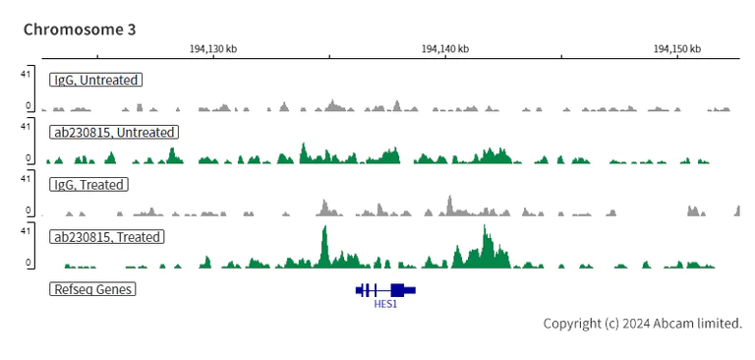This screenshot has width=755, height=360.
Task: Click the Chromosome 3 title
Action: coord(80,30)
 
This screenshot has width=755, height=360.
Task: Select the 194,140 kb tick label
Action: coord(444,48)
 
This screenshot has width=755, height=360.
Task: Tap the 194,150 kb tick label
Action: coord(677,48)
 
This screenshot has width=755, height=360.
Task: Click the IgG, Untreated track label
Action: coord(96,80)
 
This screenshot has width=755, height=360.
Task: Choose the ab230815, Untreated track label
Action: coord(114,132)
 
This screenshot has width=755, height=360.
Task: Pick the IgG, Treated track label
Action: coord(91,184)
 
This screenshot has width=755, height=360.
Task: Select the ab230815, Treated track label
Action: coord(107,237)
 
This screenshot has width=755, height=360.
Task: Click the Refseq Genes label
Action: coord(92,289)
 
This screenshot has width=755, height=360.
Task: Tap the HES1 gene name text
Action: coord(385,304)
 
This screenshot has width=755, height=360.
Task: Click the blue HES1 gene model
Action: coord(385,289)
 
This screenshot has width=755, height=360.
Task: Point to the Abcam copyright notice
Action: coord(642,324)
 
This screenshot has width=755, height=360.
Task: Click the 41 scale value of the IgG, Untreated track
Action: coord(27,74)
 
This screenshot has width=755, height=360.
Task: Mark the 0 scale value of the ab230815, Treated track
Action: coord(29,263)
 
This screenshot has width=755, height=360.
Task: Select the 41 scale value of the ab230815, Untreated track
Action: coord(27,126)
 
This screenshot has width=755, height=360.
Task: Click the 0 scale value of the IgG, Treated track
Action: coord(29,210)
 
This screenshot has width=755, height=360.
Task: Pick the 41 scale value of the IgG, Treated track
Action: coord(27,178)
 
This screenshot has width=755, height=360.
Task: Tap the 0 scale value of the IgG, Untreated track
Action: coord(29,105)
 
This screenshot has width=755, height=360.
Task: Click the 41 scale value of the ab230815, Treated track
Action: coord(27,231)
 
